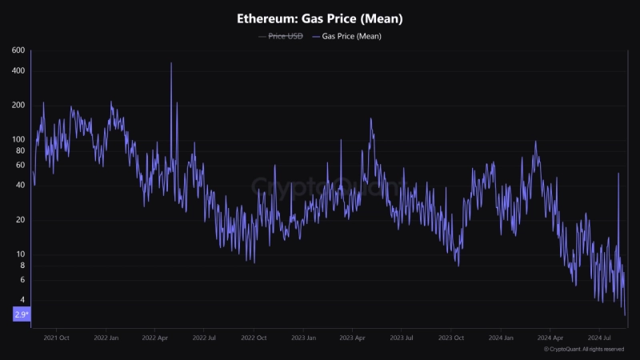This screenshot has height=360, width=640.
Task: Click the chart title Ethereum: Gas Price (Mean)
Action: pos(320,18)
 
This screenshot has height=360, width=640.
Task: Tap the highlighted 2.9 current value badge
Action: pos(22,314)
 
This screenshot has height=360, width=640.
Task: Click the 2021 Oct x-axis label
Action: pos(56,338)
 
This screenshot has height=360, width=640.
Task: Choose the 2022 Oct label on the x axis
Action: pos(253,338)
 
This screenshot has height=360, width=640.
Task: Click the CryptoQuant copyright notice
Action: pos(584,350)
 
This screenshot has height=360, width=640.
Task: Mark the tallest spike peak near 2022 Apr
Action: pos(171,63)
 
